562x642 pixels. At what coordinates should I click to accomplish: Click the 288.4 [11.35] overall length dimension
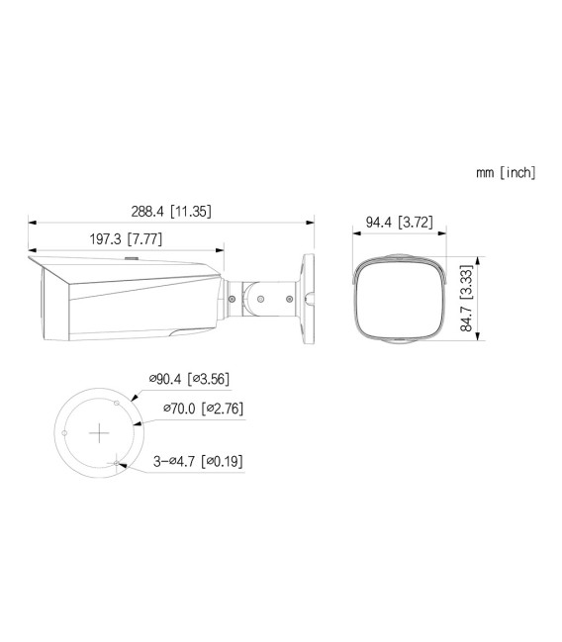[x=172, y=211]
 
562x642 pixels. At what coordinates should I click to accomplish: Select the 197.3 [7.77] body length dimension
[x=126, y=239]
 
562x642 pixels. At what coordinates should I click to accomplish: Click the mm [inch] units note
[x=505, y=172]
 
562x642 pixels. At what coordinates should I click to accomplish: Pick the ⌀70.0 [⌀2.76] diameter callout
[x=209, y=409]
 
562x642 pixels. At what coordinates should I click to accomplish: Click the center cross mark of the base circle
[x=99, y=433]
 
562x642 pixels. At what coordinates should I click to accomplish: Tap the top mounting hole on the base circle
[x=118, y=402]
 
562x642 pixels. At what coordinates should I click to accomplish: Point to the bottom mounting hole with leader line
[x=118, y=465]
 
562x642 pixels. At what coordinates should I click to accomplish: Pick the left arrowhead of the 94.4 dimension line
[x=356, y=232]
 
